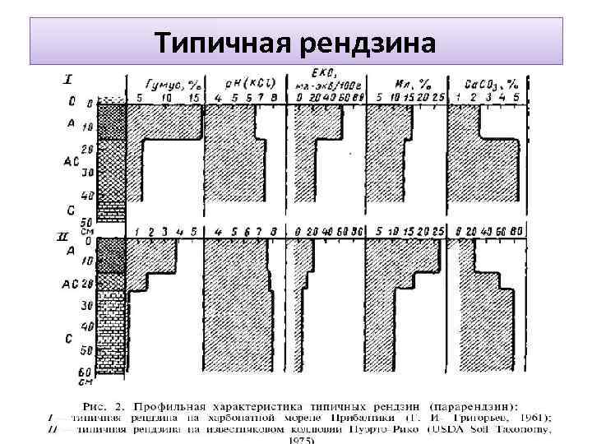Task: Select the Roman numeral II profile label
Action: [x=64, y=236]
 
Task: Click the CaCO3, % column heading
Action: [x=493, y=84]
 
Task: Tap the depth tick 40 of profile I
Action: [x=90, y=196]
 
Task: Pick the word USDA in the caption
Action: [x=445, y=428]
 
